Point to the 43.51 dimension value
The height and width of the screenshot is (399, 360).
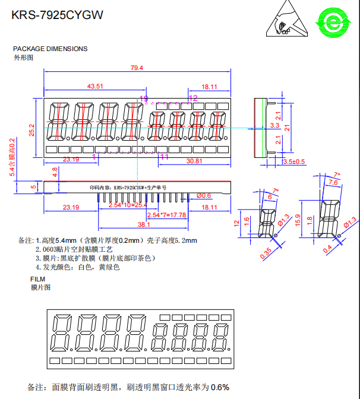[95, 87]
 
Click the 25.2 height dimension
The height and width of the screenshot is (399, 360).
[32, 129]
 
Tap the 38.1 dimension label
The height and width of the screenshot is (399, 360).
[144, 225]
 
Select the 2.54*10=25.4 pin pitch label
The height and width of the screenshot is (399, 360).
[128, 205]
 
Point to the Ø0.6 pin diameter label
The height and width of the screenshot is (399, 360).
[203, 195]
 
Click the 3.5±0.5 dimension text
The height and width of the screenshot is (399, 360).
[293, 161]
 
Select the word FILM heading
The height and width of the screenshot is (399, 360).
[38, 279]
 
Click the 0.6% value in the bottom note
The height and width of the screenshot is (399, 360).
[220, 387]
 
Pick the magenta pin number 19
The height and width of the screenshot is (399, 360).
[144, 97]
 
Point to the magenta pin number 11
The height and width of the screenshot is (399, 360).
[165, 157]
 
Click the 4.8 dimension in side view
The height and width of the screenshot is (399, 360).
[55, 172]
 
